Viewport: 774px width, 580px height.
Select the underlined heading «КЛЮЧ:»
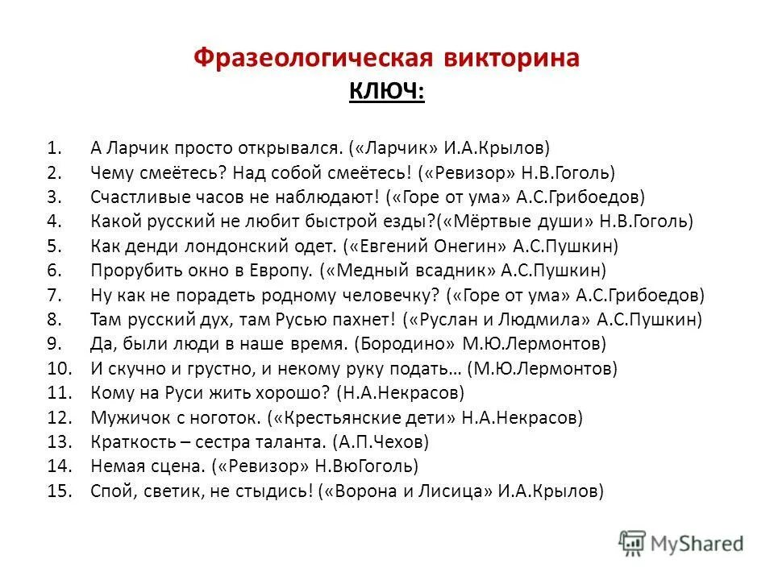click(386, 92)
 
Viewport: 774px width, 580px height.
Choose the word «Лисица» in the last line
click(452, 491)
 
